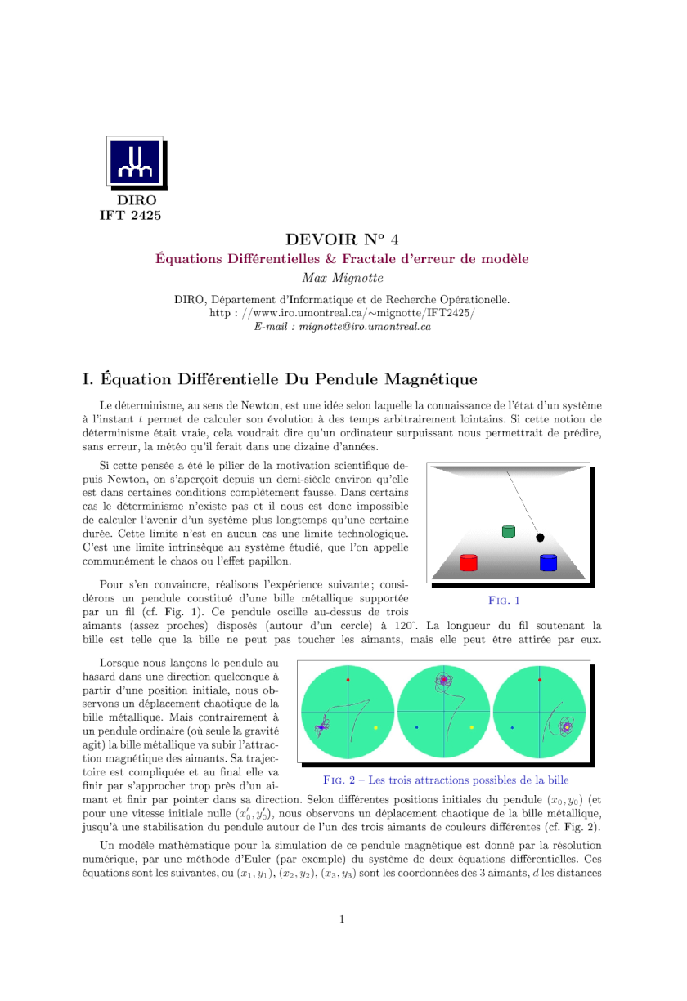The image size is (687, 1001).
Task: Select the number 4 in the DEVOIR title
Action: [394, 239]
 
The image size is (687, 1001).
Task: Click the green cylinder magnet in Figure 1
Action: [509, 532]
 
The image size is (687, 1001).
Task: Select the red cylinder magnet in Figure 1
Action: [468, 562]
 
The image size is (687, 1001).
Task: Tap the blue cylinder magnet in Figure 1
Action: [548, 562]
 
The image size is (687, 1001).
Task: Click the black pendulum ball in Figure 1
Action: [540, 537]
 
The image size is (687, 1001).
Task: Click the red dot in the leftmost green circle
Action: [348, 680]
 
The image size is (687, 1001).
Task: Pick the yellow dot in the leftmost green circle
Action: [375, 727]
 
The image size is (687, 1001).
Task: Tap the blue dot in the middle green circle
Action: [416, 727]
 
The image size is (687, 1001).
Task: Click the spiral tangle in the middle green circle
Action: [444, 680]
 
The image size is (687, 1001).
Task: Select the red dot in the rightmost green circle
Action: [540, 680]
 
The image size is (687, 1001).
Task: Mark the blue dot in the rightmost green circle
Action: [512, 727]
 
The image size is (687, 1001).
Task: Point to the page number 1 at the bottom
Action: [342, 918]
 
